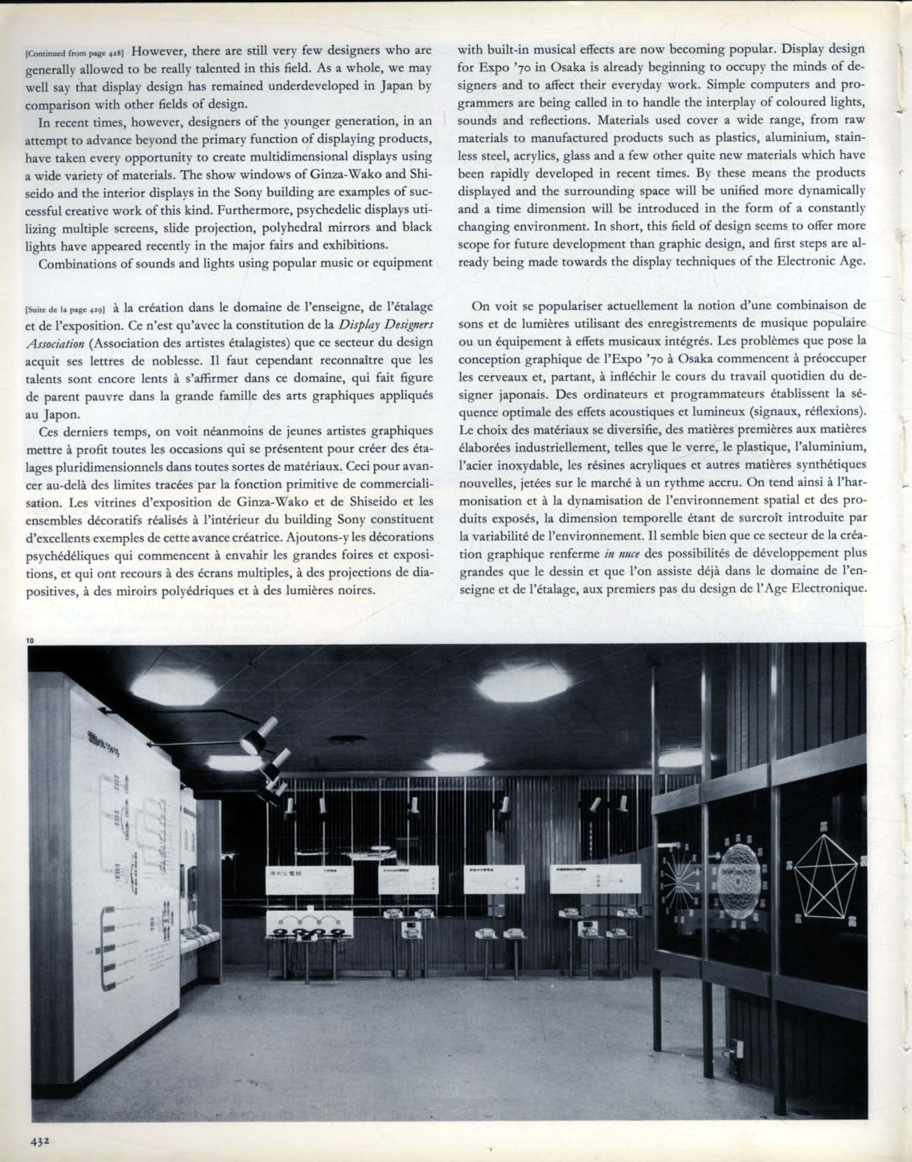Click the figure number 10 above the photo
31,640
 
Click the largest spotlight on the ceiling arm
251,742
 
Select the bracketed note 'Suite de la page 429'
65,309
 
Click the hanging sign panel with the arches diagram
310,921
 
